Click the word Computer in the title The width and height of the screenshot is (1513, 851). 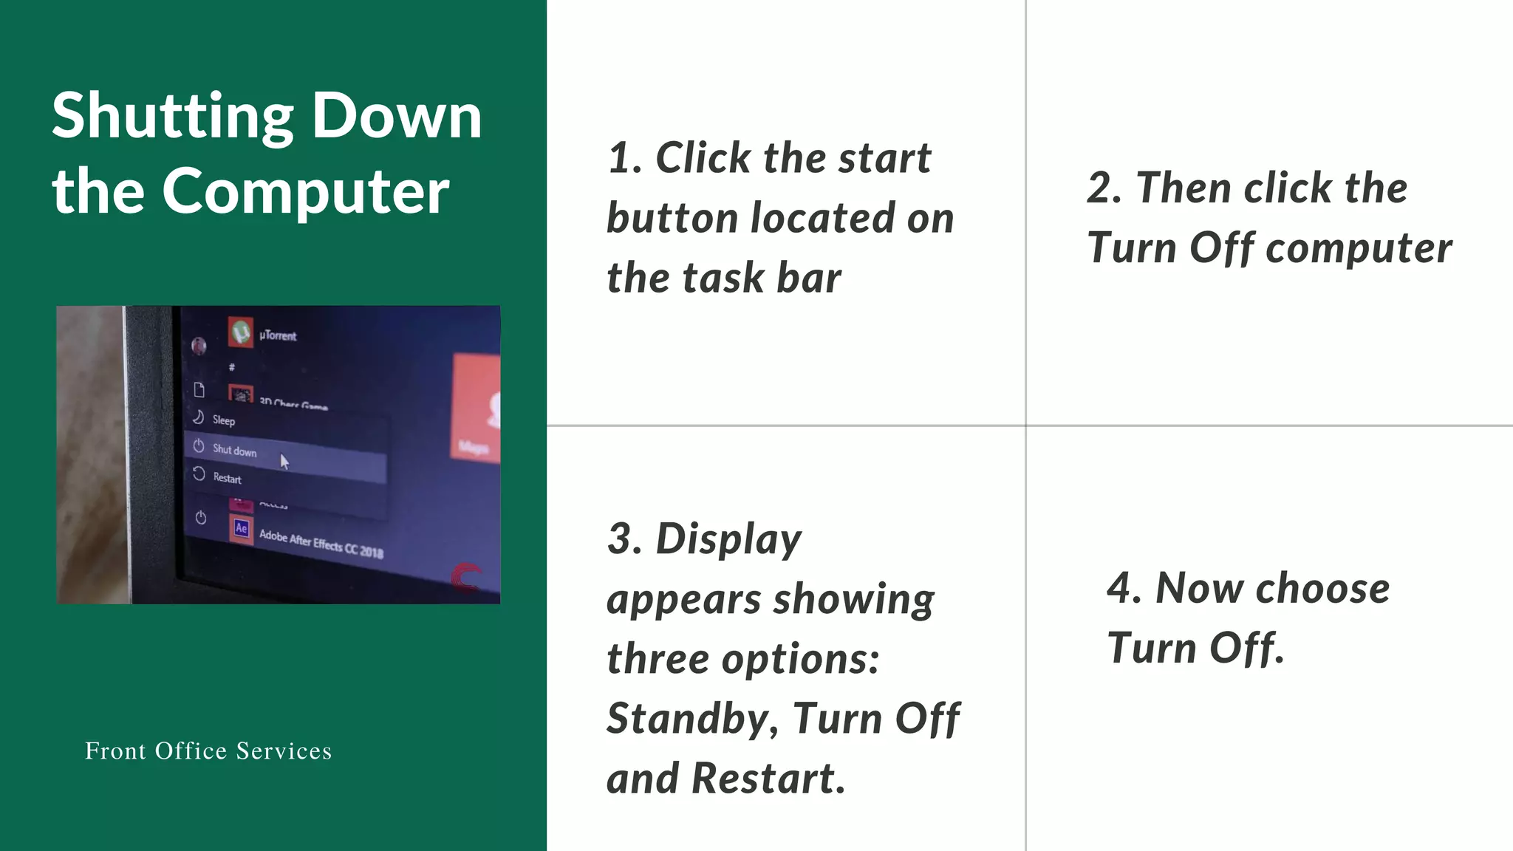click(x=305, y=191)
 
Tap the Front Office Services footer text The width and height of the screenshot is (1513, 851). click(x=208, y=751)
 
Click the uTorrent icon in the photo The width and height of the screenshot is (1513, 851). click(x=241, y=332)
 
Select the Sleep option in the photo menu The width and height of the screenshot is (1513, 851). click(x=223, y=420)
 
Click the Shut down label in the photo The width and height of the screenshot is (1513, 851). click(x=234, y=450)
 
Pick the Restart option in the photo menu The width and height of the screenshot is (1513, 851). click(x=227, y=478)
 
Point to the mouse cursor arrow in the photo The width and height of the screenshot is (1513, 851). click(x=284, y=462)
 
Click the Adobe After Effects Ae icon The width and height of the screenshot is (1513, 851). click(x=241, y=528)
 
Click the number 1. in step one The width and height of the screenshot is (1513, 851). click(x=625, y=158)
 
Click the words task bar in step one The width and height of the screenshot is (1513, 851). click(x=761, y=278)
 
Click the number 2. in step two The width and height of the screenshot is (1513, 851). click(x=1104, y=188)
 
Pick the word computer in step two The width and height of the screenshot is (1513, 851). click(x=1359, y=247)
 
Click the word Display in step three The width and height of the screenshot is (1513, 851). click(x=728, y=539)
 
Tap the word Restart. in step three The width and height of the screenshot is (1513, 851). click(x=768, y=778)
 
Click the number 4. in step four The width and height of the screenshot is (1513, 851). click(x=1124, y=588)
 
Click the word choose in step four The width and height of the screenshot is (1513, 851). click(x=1322, y=588)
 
